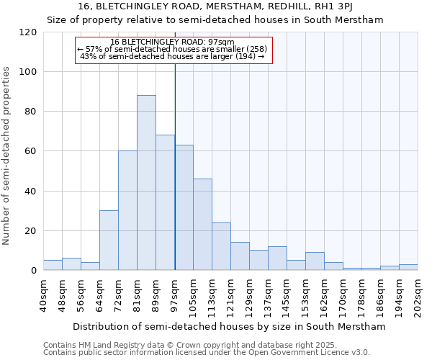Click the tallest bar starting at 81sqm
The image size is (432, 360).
[146, 183]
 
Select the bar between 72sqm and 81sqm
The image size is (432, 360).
[127, 210]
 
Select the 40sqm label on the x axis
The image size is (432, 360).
[43, 294]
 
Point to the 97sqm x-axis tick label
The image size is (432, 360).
[175, 294]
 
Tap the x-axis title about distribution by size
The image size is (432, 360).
[229, 326]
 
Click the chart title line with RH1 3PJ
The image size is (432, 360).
[215, 6]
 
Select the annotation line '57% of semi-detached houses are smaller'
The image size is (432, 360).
[172, 49]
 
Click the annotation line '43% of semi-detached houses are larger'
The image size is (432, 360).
[172, 56]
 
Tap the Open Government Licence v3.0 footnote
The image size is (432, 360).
[206, 353]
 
